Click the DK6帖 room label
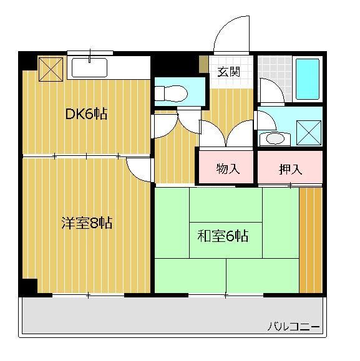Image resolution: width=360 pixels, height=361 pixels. (x=86, y=113)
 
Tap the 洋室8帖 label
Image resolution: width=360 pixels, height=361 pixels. (x=87, y=223)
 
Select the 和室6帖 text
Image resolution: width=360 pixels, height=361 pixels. (x=223, y=236)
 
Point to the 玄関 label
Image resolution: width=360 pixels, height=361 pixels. (x=229, y=72)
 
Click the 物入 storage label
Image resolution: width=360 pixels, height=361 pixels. (x=228, y=168)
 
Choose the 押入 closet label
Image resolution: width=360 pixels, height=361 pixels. (x=290, y=169)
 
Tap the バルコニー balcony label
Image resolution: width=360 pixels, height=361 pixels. (x=293, y=327)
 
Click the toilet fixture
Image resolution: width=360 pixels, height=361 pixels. (x=171, y=94)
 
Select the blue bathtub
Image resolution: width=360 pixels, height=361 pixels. (x=308, y=79)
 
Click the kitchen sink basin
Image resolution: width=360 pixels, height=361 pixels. (x=89, y=67)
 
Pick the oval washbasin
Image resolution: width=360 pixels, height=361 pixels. (x=275, y=139)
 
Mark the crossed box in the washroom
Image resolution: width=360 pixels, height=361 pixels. (x=309, y=133)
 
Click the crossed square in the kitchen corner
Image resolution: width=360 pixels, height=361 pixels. (x=51, y=69)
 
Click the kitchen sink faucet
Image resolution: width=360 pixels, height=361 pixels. (x=90, y=55)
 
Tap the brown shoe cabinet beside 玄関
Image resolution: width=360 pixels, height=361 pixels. (x=203, y=64)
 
